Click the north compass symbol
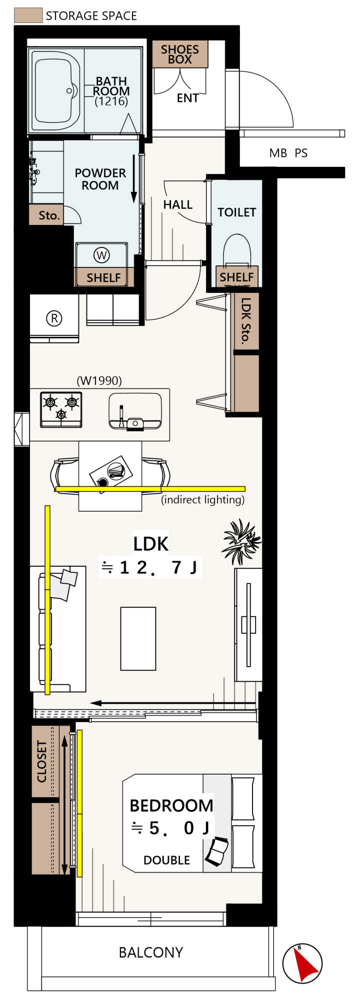(x=302, y=963)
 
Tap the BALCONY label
(x=151, y=953)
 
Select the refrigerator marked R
(x=54, y=318)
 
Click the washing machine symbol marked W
(x=101, y=255)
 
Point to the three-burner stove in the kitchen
(x=61, y=409)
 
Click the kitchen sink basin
(x=135, y=411)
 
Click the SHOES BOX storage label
(x=180, y=54)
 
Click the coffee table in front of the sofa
(x=138, y=638)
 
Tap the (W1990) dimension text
(x=99, y=380)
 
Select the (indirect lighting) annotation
(x=203, y=500)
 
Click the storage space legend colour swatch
(x=28, y=15)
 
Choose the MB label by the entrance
(x=278, y=153)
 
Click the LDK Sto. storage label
(x=245, y=321)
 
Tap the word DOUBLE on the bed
(x=167, y=860)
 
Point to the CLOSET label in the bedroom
(x=42, y=761)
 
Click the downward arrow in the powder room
(x=134, y=179)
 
